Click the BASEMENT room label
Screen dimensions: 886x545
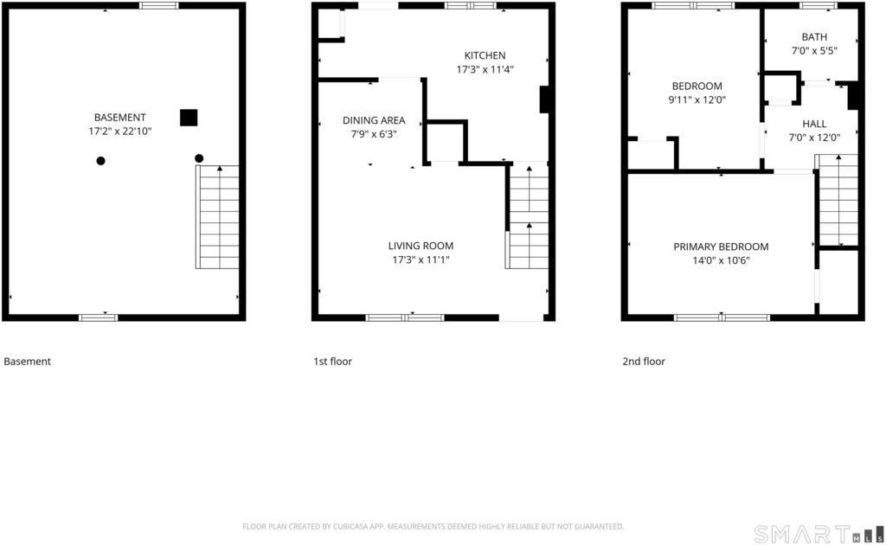click(119, 118)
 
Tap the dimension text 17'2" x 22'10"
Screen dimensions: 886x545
click(119, 131)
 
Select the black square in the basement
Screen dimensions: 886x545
click(189, 118)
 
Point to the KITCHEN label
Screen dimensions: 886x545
click(485, 55)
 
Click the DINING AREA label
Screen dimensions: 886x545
click(374, 120)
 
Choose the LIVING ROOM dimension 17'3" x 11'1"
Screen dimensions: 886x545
click(421, 260)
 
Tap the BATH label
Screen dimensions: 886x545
click(814, 36)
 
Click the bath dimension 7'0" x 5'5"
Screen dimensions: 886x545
click(814, 50)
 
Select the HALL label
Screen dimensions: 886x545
click(814, 124)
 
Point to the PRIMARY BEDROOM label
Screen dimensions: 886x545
click(721, 247)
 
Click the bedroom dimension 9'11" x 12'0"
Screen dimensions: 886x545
click(697, 100)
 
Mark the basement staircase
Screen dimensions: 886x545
click(217, 217)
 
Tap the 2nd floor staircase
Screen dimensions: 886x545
click(837, 201)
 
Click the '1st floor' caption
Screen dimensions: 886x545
click(333, 362)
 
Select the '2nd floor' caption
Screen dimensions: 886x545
click(644, 362)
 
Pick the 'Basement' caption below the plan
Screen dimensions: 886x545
click(27, 362)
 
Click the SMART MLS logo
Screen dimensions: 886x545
click(819, 534)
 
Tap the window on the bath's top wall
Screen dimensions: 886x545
click(819, 6)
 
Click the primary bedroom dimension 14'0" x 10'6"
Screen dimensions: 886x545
click(721, 260)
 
